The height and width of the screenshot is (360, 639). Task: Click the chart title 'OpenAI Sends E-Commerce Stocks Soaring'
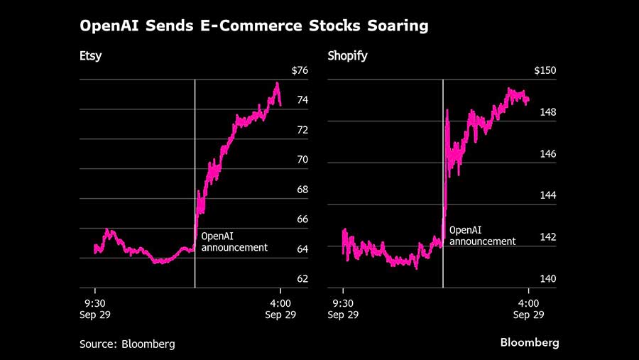pyautogui.click(x=253, y=27)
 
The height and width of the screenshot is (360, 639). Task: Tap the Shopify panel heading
pyautogui.click(x=347, y=56)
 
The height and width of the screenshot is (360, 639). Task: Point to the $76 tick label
pyautogui.click(x=299, y=70)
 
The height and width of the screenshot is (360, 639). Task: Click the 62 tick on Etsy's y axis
pyautogui.click(x=302, y=278)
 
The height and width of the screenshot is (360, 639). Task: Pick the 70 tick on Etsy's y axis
pyautogui.click(x=302, y=160)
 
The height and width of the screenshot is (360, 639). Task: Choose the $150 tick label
pyautogui.click(x=545, y=70)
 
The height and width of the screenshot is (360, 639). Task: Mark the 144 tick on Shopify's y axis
pyautogui.click(x=548, y=195)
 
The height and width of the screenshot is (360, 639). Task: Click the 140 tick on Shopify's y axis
pyautogui.click(x=548, y=278)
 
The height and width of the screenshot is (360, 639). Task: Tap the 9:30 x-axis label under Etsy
pyautogui.click(x=95, y=302)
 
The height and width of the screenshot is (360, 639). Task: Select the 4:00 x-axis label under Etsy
pyautogui.click(x=280, y=302)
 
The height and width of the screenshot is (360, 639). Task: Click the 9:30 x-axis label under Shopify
pyautogui.click(x=343, y=302)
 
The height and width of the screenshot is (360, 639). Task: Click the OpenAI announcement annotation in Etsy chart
pyautogui.click(x=234, y=241)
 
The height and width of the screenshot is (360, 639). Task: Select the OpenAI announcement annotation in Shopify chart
pyautogui.click(x=483, y=236)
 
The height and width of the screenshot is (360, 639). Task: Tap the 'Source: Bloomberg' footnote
pyautogui.click(x=127, y=344)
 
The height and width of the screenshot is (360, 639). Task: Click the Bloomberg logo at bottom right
pyautogui.click(x=530, y=343)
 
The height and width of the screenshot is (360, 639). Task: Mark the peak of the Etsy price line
pyautogui.click(x=277, y=84)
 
